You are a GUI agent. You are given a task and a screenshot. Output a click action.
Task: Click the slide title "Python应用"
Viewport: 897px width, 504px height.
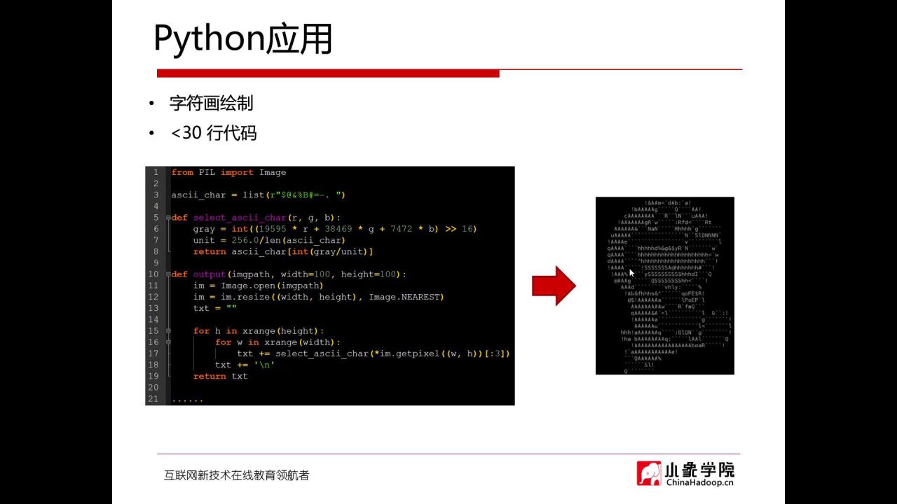pos(242,40)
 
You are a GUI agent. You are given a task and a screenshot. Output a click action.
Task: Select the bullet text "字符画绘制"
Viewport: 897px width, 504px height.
pos(211,104)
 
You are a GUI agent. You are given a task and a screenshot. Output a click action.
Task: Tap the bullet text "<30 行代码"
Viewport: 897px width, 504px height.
pos(214,133)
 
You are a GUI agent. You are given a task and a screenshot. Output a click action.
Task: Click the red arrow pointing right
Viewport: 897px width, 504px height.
pos(554,286)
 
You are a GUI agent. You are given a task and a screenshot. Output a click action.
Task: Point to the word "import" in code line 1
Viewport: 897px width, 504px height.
pos(237,173)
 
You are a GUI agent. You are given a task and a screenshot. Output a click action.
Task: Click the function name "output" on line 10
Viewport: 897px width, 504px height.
pos(209,274)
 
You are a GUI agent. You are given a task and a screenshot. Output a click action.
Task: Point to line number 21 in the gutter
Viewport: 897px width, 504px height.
pos(153,399)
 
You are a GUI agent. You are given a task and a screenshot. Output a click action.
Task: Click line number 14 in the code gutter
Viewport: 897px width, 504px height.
pos(153,320)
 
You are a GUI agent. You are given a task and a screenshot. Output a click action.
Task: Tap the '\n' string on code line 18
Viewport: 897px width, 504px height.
pos(264,365)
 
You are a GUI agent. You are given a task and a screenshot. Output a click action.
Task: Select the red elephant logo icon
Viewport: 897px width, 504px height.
pos(649,473)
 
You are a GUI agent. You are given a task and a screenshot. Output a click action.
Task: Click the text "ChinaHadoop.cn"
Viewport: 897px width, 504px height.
pos(699,482)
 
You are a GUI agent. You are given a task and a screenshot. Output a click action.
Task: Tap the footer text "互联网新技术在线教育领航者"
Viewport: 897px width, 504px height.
pos(236,475)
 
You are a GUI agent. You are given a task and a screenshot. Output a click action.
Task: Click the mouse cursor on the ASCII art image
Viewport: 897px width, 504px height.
pos(631,272)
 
